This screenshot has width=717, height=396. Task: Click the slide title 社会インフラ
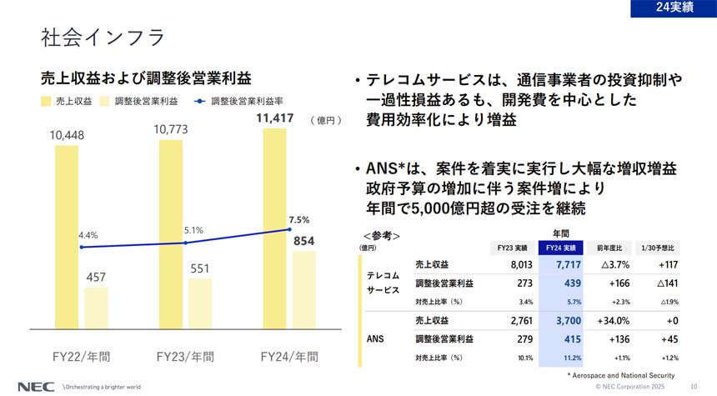point(102,38)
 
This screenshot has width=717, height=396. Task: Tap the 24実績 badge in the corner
point(674,8)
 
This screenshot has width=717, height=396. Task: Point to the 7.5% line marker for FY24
point(288,230)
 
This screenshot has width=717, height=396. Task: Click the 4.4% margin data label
point(88,236)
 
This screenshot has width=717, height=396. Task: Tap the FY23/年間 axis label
point(185,356)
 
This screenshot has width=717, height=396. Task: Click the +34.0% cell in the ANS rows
point(614,320)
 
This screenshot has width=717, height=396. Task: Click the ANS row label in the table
point(375,338)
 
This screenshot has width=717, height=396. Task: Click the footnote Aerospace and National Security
point(620,376)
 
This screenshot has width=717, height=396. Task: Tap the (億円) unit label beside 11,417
point(325,120)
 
